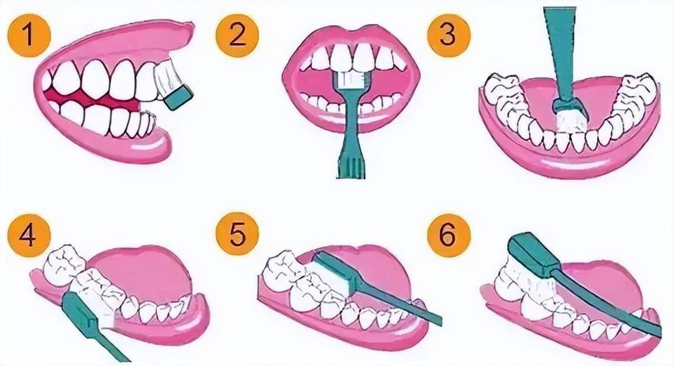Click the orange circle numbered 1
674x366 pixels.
29,35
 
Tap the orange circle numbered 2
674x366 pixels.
237,35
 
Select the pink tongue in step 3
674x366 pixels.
575,96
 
